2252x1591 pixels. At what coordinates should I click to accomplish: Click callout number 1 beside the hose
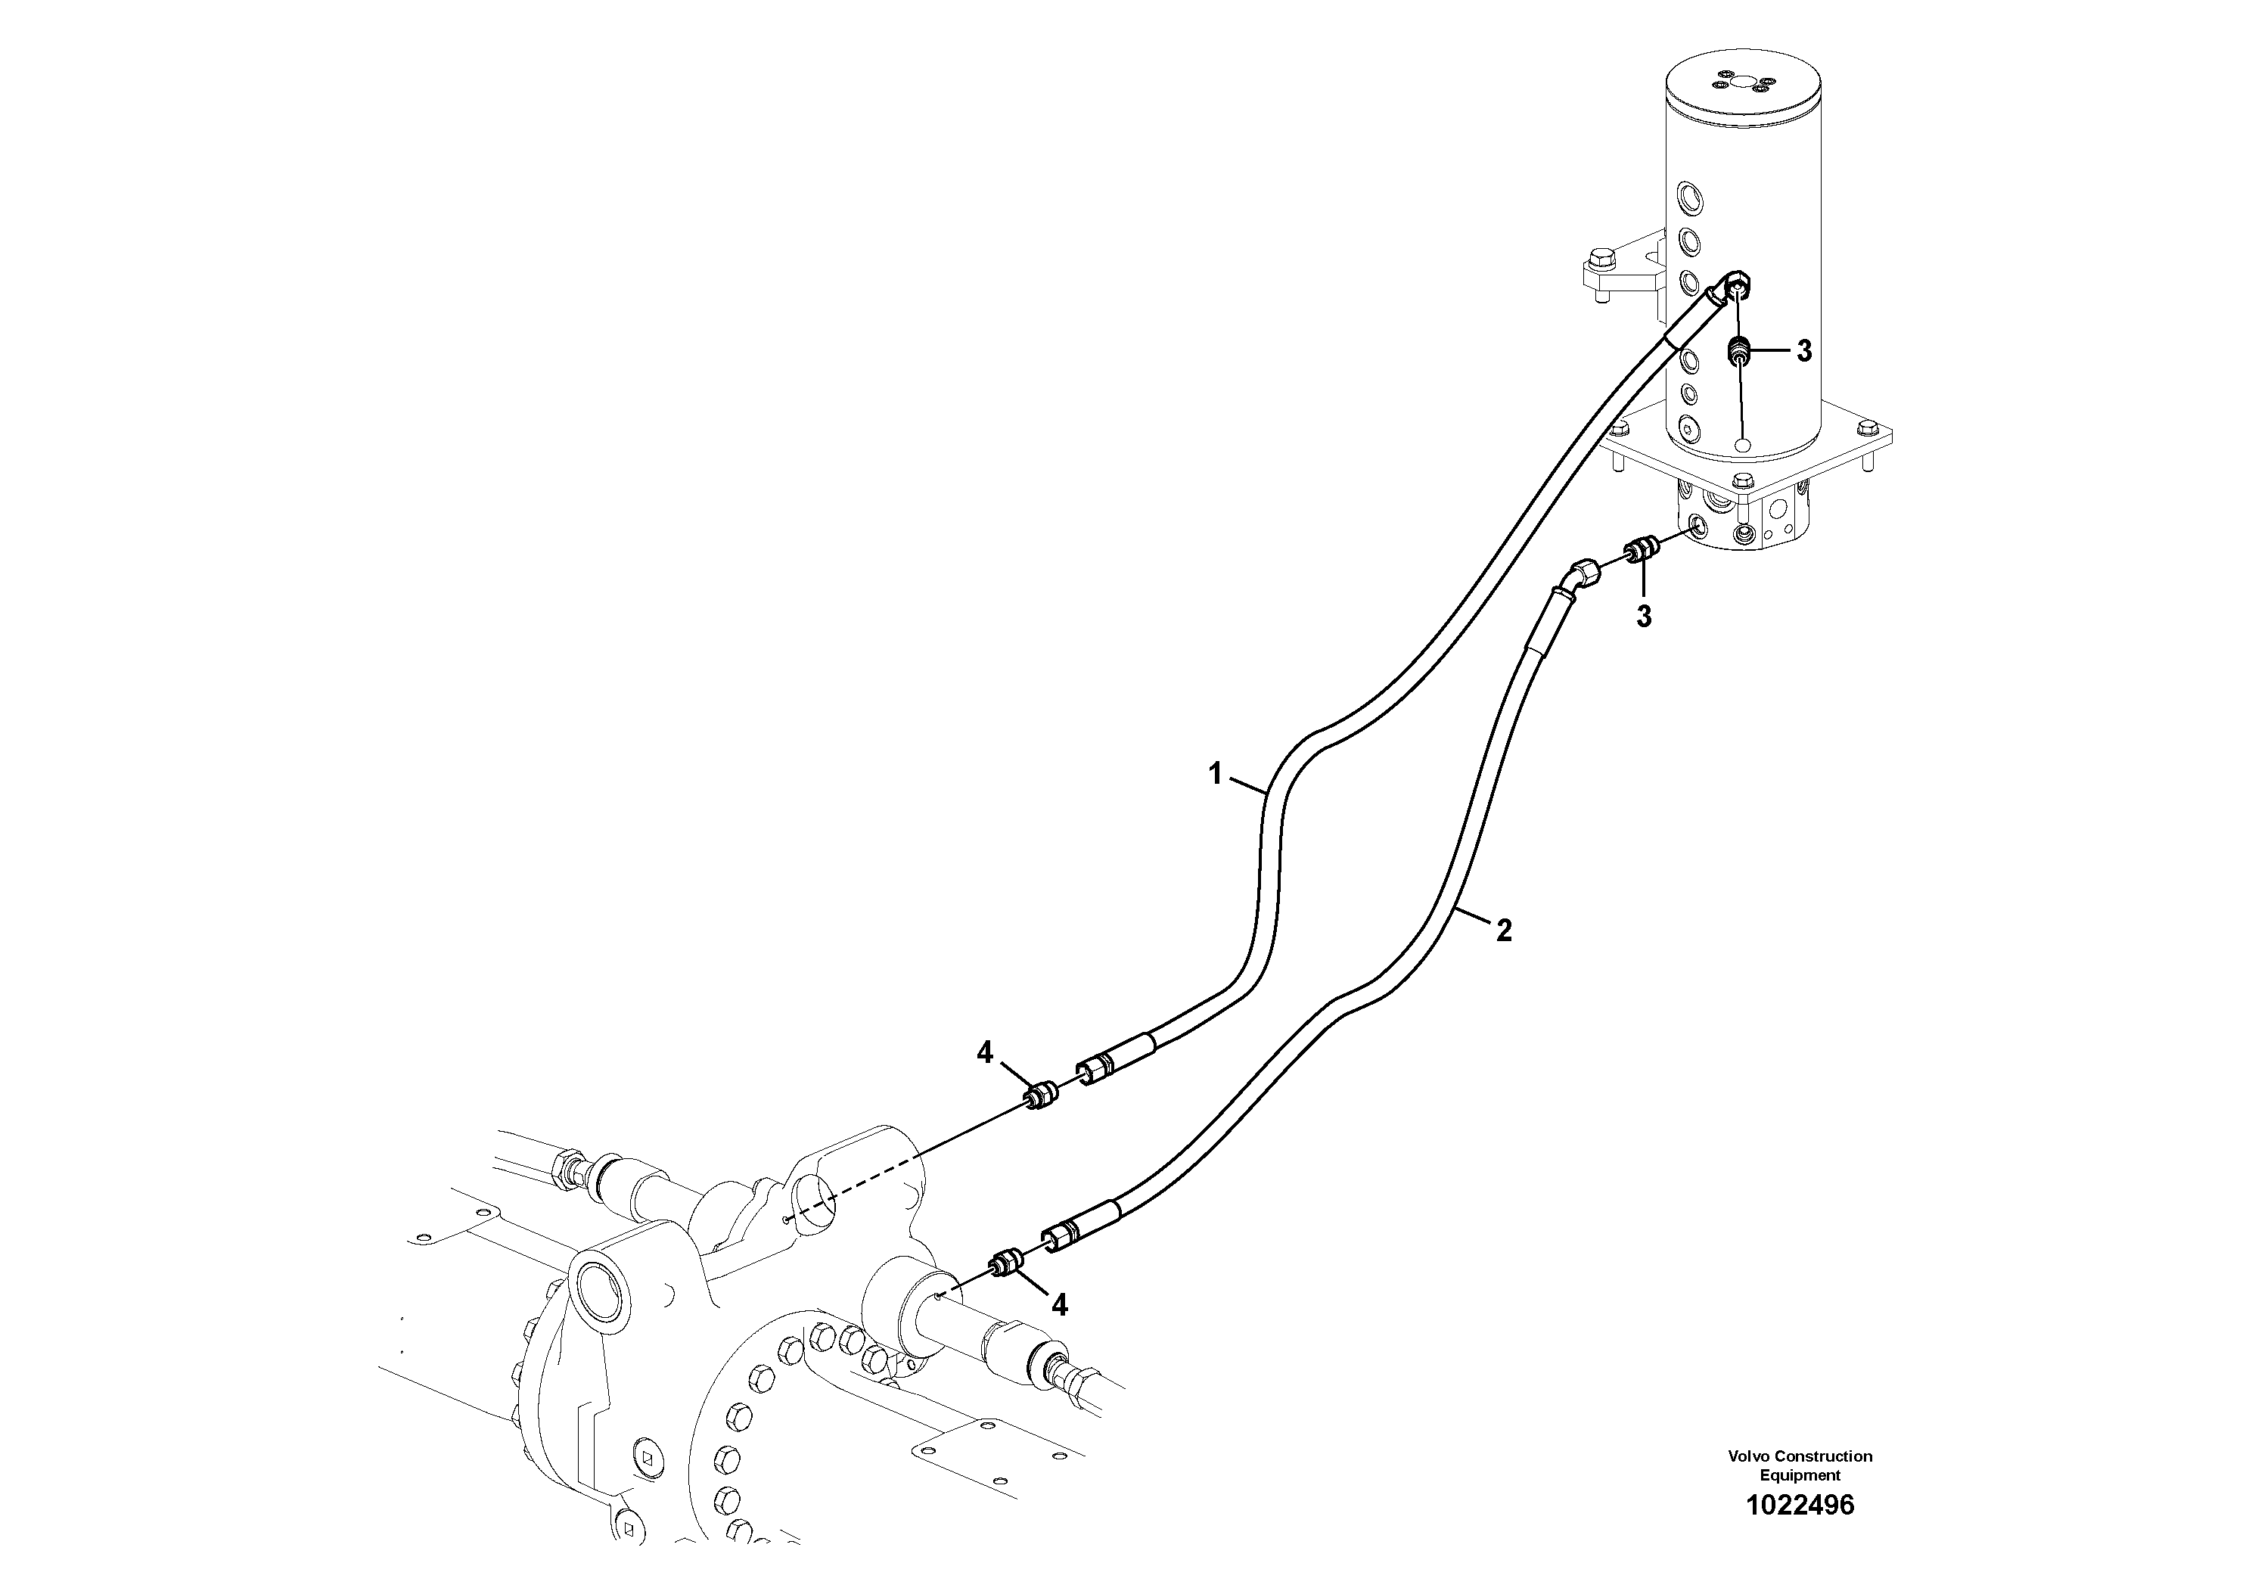[x=1214, y=775]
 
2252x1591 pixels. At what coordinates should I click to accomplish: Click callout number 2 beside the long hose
[x=1504, y=930]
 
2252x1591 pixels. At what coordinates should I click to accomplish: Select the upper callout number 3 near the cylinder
[x=1803, y=352]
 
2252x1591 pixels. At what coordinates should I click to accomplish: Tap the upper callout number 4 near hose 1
[x=985, y=1053]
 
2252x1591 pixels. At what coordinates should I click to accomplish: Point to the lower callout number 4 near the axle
[x=1059, y=1304]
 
